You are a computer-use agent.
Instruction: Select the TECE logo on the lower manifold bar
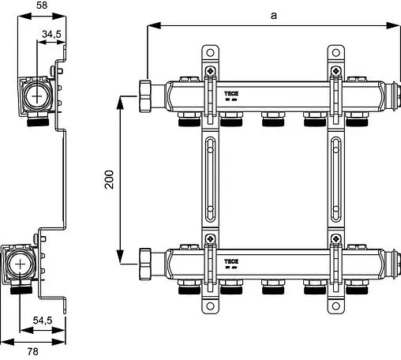232,260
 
